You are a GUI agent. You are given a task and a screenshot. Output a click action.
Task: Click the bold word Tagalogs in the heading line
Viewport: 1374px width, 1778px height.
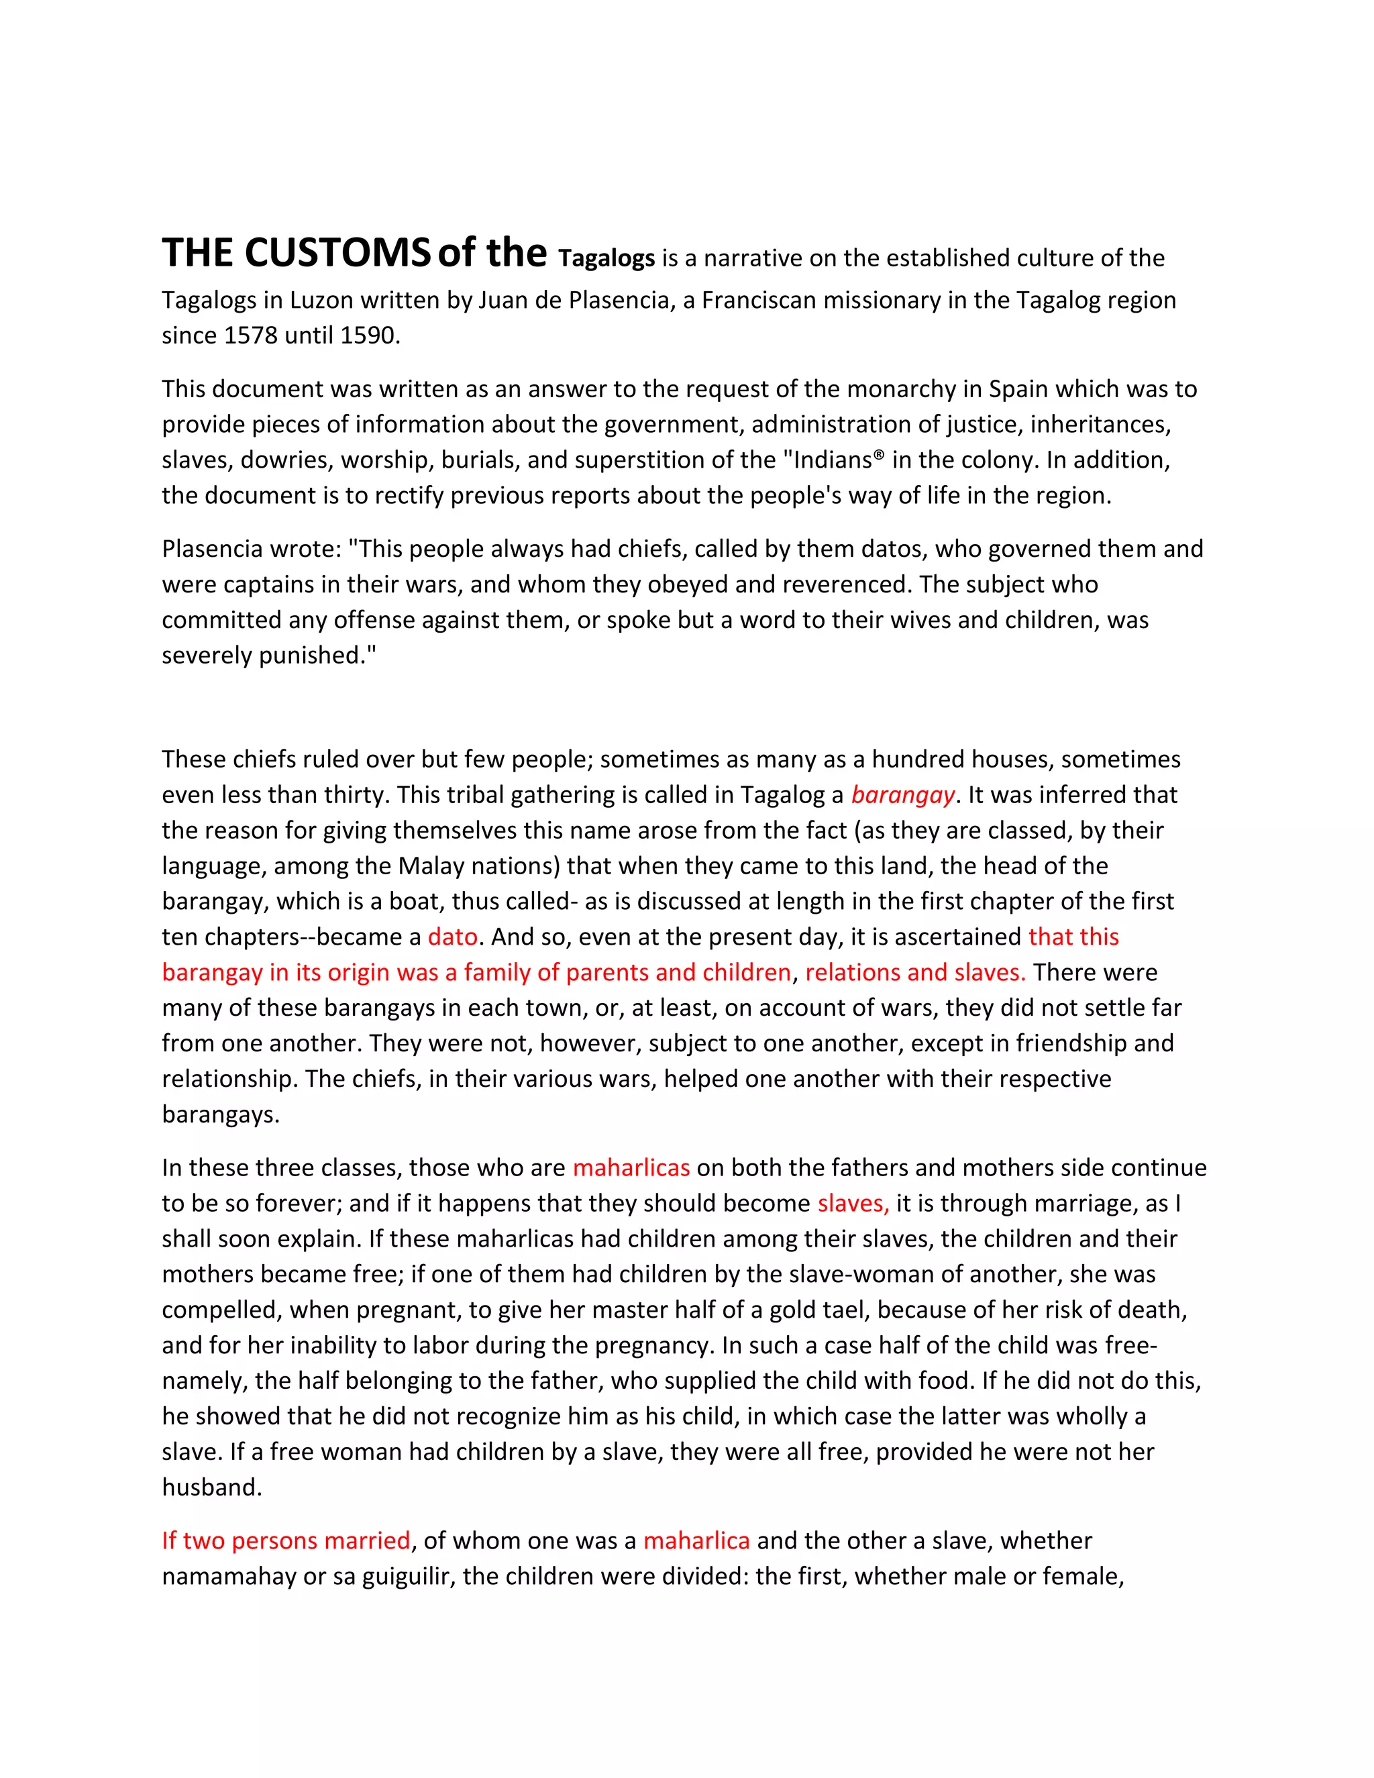[606, 259]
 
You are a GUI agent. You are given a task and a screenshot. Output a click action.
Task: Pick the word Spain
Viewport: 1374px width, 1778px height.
[1018, 389]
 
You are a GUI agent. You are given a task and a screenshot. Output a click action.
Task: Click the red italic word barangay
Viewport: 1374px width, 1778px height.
[902, 794]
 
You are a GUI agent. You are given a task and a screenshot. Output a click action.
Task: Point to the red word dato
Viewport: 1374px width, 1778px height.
[453, 937]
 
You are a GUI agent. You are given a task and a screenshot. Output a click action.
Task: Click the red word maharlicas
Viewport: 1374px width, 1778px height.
[631, 1167]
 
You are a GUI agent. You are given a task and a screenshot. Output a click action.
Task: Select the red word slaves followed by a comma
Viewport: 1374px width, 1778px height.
[853, 1203]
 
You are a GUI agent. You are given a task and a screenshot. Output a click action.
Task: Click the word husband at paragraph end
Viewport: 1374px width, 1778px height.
[211, 1487]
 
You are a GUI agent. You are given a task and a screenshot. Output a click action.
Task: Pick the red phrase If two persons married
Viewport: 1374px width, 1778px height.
[286, 1540]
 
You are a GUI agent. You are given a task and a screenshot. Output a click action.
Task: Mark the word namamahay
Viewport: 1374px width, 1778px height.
[229, 1576]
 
